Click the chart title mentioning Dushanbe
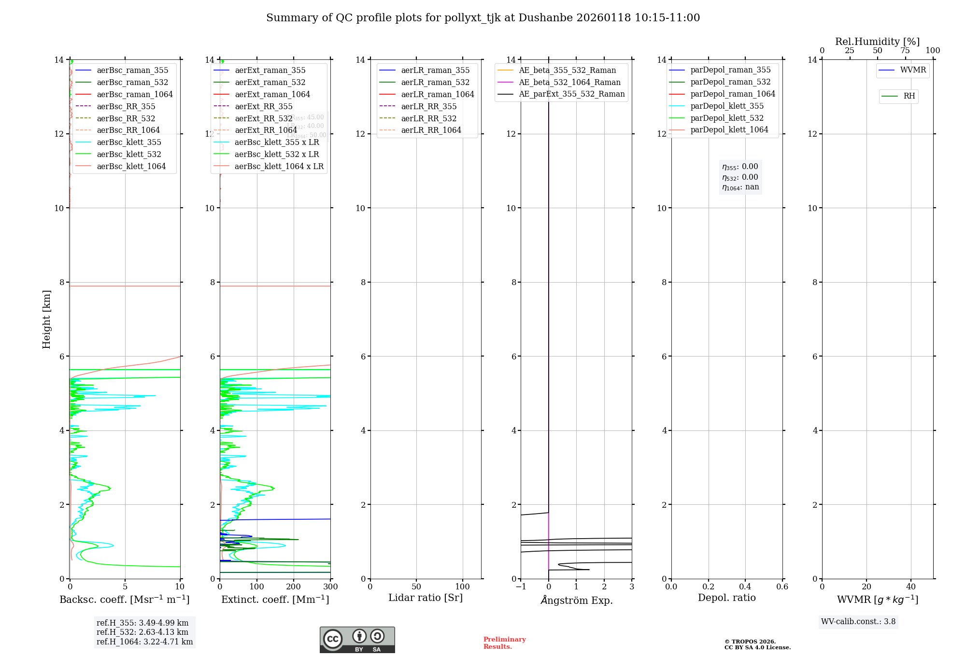click(483, 18)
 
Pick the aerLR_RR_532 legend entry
click(428, 118)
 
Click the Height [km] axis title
click(46, 319)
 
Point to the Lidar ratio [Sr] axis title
click(426, 598)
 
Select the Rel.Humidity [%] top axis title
click(877, 42)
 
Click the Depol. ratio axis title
click(726, 598)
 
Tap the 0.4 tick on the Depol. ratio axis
click(745, 587)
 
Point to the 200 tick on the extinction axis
click(294, 587)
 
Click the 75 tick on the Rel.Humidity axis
click(905, 51)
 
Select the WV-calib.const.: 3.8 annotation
click(858, 622)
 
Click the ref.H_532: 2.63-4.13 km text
click(142, 632)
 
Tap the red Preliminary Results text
click(504, 643)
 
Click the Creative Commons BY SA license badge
click(357, 640)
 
